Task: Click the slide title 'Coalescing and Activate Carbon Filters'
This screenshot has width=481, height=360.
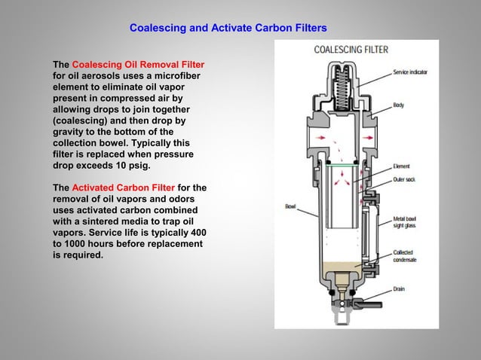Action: [x=228, y=28]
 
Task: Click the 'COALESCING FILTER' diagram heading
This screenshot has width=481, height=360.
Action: [x=351, y=50]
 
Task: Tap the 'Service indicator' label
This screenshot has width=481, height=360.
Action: [x=410, y=72]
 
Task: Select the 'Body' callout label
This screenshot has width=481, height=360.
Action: [x=397, y=105]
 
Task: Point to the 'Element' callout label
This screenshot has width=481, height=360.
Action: [x=401, y=166]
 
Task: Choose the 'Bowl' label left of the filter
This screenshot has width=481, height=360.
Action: [x=290, y=206]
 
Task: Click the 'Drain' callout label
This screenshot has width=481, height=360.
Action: [x=399, y=288]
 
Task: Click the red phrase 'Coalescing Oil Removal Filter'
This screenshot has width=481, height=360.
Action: [x=138, y=65]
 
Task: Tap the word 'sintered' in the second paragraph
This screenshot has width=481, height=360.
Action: [x=100, y=221]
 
